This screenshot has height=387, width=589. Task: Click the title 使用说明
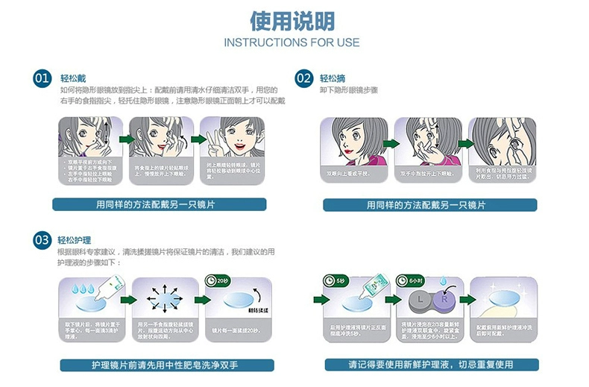(x=294, y=20)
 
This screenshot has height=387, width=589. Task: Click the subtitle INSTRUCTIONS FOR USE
(x=293, y=42)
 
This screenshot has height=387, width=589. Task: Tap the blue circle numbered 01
(x=42, y=78)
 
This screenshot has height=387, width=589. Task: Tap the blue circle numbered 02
(x=303, y=78)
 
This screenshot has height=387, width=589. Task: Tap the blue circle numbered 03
(x=42, y=239)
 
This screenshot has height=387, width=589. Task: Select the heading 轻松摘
(x=333, y=78)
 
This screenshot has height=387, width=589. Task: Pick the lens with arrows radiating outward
(x=163, y=299)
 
